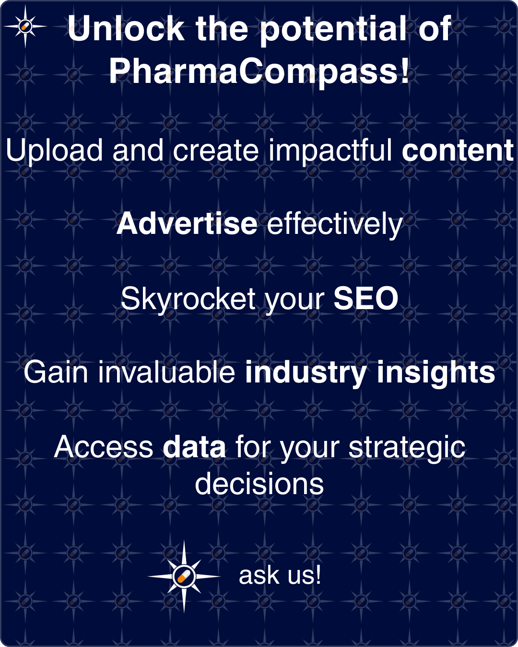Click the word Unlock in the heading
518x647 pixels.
click(126, 28)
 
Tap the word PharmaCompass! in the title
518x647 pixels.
click(259, 71)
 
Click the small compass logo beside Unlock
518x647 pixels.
click(25, 26)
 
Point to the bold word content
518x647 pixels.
click(458, 150)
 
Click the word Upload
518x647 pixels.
click(54, 151)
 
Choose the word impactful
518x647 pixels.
click(330, 151)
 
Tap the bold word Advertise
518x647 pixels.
click(187, 224)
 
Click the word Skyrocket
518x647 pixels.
click(188, 299)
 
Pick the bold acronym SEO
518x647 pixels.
click(366, 298)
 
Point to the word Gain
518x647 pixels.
click(56, 372)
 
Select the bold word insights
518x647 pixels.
click(436, 374)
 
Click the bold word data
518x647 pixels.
click(194, 447)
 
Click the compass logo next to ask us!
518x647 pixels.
click(184, 576)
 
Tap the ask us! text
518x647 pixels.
click(280, 575)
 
